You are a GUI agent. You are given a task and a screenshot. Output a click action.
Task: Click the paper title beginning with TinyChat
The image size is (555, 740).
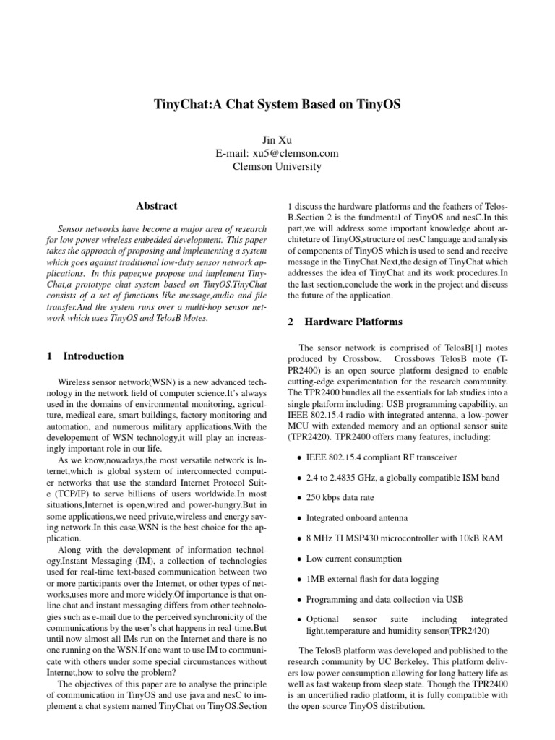[277, 105]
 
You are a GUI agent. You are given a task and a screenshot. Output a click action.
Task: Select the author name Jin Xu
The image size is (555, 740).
[277, 139]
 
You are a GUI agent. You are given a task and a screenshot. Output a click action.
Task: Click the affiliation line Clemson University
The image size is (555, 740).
[277, 167]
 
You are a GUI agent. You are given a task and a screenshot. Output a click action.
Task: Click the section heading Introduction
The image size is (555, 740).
[93, 356]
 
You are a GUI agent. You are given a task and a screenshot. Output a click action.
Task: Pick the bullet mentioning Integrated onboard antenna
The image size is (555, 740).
[356, 518]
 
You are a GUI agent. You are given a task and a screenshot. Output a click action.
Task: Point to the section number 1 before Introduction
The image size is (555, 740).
[49, 356]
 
